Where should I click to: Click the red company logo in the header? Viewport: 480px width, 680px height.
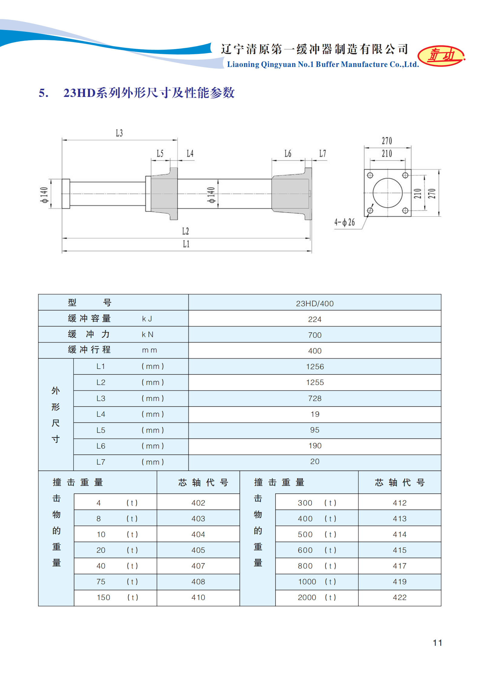click(x=441, y=56)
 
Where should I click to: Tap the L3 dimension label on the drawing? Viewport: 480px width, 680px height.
click(x=119, y=133)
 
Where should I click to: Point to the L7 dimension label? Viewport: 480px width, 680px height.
click(x=322, y=154)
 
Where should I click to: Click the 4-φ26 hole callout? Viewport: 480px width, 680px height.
click(x=344, y=223)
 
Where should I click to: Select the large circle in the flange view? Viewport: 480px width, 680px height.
click(x=387, y=193)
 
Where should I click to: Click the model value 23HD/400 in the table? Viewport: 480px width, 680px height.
click(x=315, y=304)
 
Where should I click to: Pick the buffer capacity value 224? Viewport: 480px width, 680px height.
click(x=315, y=319)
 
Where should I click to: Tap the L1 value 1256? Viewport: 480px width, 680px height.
click(x=315, y=367)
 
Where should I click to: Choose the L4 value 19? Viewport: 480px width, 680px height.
click(x=315, y=414)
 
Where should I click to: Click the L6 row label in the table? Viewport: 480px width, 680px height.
click(x=101, y=446)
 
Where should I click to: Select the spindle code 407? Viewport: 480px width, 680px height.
click(x=198, y=566)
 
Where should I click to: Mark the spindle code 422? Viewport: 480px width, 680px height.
click(x=400, y=597)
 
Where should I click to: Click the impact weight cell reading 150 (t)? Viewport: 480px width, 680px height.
click(x=116, y=597)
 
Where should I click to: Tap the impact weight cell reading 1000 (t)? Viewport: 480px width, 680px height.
click(x=316, y=582)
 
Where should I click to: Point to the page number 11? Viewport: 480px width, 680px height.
click(x=437, y=643)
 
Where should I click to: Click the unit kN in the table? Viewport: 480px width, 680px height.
click(x=148, y=335)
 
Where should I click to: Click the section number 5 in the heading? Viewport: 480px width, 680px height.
click(x=43, y=93)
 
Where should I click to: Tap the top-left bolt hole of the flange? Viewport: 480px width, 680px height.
click(x=370, y=175)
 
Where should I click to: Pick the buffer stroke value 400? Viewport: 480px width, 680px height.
click(x=315, y=351)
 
